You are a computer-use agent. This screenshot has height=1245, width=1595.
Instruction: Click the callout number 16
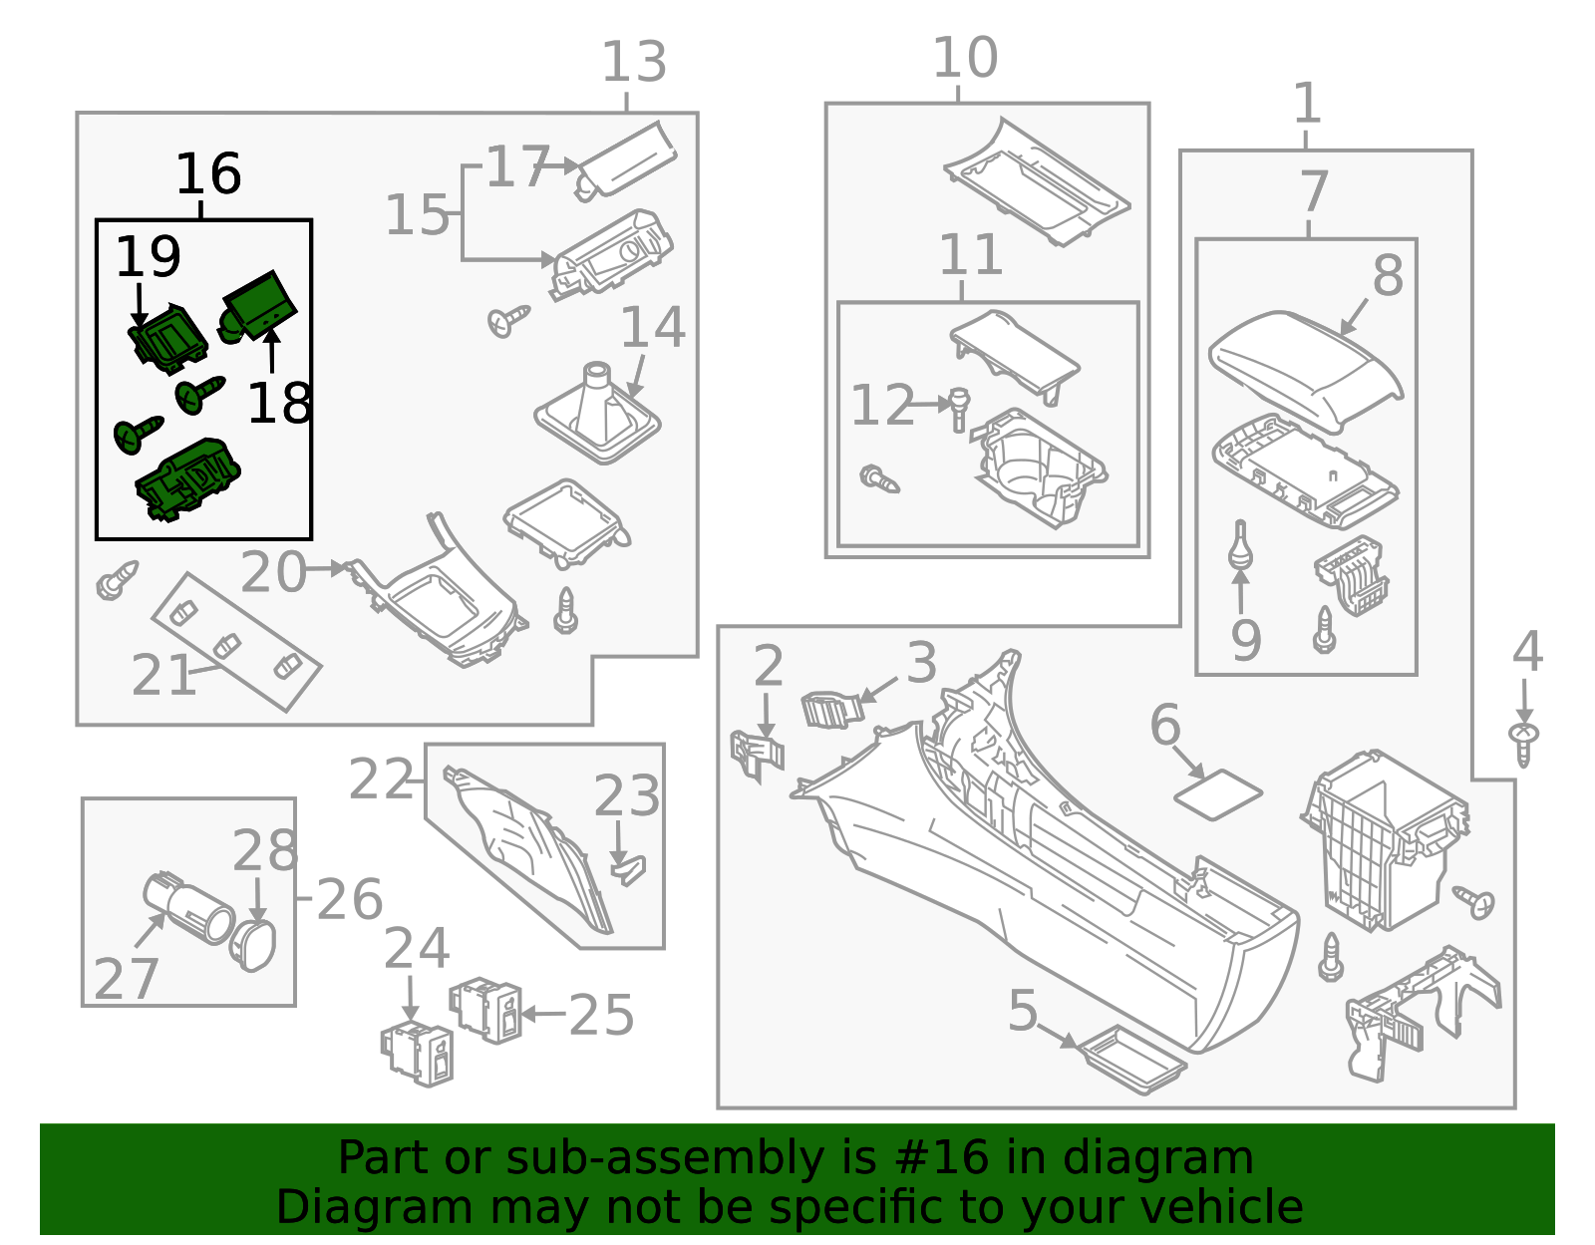208,173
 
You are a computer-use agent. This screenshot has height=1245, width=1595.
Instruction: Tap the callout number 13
634,62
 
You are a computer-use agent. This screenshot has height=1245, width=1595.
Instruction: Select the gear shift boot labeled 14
597,413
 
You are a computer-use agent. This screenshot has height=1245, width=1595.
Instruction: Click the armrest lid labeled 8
1306,371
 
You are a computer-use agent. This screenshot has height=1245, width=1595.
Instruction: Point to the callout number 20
273,572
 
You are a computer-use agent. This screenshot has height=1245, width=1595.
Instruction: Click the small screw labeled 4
1524,744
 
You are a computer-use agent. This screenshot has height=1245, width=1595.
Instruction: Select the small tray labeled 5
1134,1061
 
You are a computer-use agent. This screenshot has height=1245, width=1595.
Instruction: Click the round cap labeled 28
253,946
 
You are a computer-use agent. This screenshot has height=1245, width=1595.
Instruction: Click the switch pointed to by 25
485,1010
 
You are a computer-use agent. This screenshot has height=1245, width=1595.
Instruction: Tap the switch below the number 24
417,1055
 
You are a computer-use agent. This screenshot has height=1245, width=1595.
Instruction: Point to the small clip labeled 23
629,871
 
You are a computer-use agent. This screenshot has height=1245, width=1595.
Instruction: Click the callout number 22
381,779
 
